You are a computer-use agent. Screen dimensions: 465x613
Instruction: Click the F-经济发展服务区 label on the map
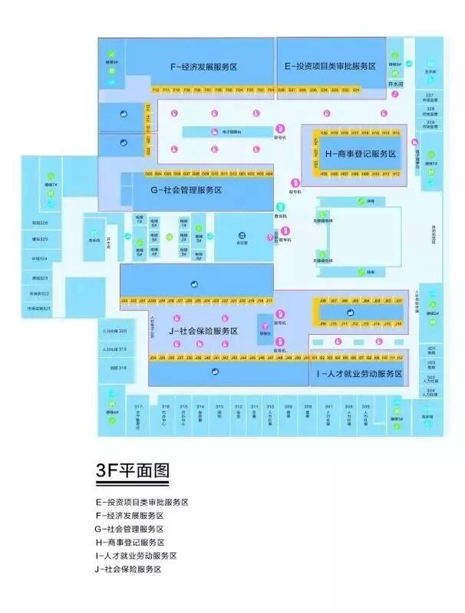[x=203, y=67]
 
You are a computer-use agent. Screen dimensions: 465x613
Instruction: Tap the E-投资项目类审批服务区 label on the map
[x=330, y=67]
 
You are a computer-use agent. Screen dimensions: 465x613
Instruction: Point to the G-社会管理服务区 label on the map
[x=186, y=189]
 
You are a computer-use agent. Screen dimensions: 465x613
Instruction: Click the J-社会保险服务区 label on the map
[x=203, y=331]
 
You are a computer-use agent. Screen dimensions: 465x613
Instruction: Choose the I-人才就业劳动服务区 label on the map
[x=359, y=373]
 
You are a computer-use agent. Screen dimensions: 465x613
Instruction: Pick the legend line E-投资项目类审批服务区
[x=142, y=502]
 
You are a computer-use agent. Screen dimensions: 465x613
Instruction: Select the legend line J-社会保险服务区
[x=129, y=569]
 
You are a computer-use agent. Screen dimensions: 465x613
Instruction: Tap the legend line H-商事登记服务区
[x=129, y=543]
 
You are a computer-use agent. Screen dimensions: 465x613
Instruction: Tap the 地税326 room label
[x=40, y=222]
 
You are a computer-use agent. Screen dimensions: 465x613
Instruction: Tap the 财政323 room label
[x=40, y=277]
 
